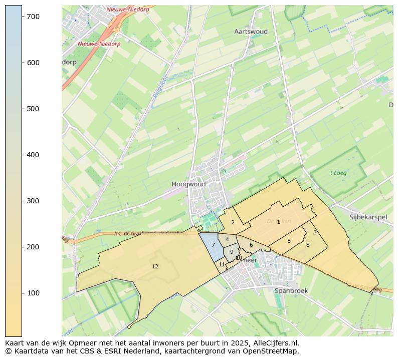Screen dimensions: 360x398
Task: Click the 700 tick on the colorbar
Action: (x=22, y=17)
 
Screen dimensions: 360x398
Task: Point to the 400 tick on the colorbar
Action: (x=22, y=155)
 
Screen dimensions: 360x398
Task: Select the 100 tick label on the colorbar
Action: (x=33, y=293)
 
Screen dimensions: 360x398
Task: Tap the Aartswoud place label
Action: (x=251, y=32)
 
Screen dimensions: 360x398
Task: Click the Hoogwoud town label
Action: (x=188, y=184)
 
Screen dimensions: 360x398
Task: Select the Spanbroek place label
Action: (x=291, y=290)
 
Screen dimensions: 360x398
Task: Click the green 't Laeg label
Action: (x=338, y=173)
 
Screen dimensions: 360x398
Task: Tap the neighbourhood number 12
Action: (x=155, y=266)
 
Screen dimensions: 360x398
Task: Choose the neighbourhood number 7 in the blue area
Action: (x=213, y=245)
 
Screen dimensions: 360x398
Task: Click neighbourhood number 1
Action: (x=278, y=222)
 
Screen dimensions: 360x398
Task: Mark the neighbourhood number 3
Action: (x=315, y=232)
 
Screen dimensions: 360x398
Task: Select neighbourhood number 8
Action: (x=308, y=245)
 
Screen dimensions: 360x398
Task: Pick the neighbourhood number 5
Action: (x=289, y=241)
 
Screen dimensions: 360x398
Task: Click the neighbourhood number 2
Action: (x=233, y=222)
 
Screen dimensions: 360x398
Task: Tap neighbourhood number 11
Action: (x=222, y=264)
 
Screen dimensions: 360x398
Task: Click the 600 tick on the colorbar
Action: (x=22, y=63)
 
